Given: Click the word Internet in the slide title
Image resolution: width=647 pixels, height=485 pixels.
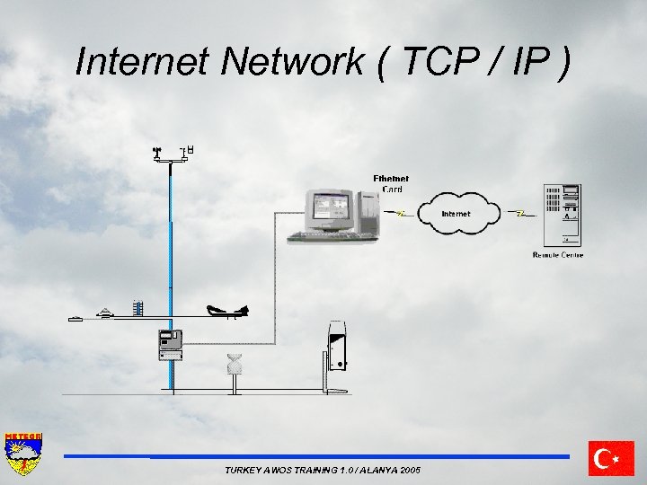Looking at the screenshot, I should click(143, 61).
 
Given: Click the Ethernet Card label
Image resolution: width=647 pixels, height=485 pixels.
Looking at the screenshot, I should click(391, 184).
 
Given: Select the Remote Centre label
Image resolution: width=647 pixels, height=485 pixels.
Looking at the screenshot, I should click(558, 255).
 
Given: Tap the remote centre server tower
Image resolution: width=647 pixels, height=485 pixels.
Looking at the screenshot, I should click(561, 216).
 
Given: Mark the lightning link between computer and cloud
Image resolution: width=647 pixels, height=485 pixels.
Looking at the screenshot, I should click(401, 214).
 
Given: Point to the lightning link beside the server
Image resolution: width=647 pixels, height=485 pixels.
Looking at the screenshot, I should click(520, 214).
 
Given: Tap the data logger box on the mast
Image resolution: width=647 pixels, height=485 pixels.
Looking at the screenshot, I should click(170, 344).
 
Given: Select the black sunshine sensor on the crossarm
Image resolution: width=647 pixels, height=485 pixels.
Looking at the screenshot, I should click(227, 311).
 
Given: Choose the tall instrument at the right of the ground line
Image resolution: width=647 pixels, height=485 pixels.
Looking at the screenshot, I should click(337, 346).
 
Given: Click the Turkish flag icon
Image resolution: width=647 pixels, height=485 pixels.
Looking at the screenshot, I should click(611, 458).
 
